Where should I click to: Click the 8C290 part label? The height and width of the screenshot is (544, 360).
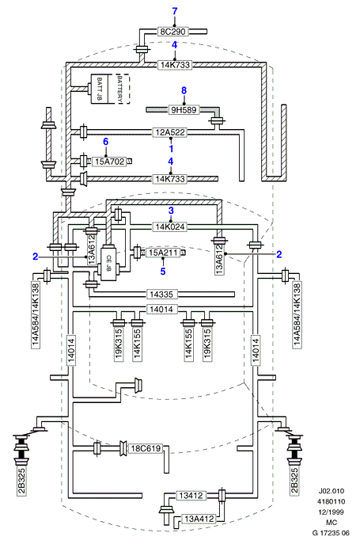[173, 32]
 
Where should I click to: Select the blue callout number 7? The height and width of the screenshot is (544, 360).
[174, 11]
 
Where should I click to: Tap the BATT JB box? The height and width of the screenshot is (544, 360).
[99, 89]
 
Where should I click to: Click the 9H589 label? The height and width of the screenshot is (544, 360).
[184, 110]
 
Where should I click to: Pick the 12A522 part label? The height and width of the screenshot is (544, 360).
[170, 132]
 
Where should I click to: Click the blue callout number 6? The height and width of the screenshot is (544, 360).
[105, 142]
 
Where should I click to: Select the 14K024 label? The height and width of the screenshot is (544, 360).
[170, 227]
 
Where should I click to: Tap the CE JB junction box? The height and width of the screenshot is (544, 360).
[108, 263]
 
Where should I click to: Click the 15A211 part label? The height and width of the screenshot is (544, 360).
[163, 253]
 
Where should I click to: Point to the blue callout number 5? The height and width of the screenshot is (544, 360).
[163, 272]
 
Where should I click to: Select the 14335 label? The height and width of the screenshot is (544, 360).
[161, 295]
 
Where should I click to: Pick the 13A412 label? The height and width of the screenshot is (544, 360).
[199, 519]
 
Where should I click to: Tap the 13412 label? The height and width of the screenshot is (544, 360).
[191, 496]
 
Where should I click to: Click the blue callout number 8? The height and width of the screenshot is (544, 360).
[184, 90]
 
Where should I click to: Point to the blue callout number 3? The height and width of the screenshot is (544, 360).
[171, 211]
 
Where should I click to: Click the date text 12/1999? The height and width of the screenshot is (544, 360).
[332, 512]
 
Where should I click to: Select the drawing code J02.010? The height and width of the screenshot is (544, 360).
[332, 491]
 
